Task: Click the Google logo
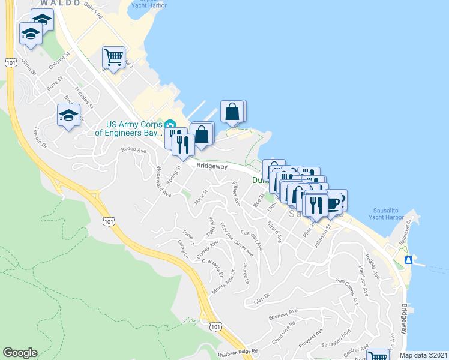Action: click(20, 353)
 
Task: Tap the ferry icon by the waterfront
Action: click(408, 260)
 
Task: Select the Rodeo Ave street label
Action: click(133, 150)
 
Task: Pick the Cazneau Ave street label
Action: click(252, 239)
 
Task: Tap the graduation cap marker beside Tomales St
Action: click(68, 116)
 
